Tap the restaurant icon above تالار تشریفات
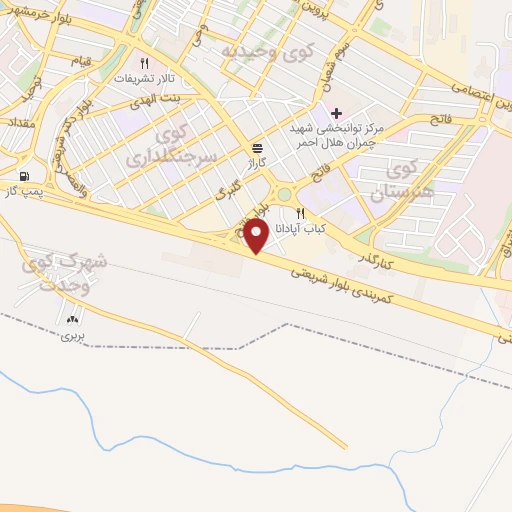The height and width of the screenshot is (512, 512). [145, 62]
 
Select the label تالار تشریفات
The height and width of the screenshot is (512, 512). [145, 78]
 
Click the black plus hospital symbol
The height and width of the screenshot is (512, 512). [336, 112]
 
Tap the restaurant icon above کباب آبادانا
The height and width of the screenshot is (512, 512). [299, 213]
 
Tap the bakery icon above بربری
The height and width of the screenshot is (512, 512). [72, 319]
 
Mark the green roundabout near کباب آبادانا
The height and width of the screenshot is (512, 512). [285, 194]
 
